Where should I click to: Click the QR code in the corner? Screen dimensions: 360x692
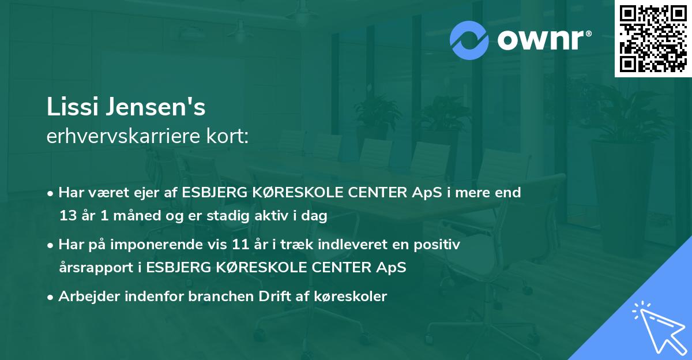[653, 39]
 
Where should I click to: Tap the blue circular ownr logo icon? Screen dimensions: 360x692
[469, 40]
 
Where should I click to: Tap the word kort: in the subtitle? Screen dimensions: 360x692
[228, 137]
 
